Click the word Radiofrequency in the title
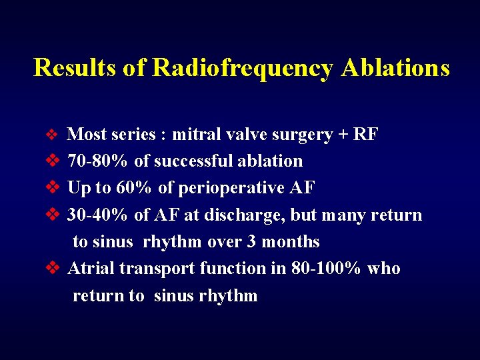pos(242,68)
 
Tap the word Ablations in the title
pos(395,68)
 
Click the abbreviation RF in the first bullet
pos(366,135)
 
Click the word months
pos(290,242)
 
